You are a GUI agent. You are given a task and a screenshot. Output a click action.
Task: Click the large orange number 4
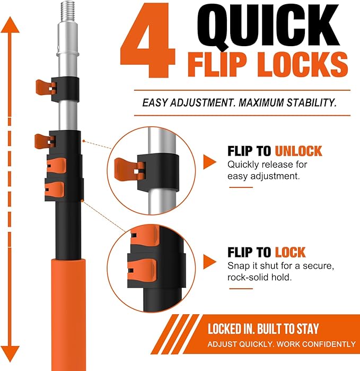(x=148, y=40)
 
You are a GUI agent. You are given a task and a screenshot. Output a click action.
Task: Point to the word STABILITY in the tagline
(x=312, y=102)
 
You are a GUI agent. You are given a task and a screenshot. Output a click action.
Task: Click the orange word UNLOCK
(x=298, y=151)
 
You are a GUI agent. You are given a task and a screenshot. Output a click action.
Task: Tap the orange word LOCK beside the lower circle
(x=290, y=252)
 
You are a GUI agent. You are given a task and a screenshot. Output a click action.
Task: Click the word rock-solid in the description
(x=248, y=277)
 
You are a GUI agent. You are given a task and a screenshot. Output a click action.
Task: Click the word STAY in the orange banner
(x=308, y=329)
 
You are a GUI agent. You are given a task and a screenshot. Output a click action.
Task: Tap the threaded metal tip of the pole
(x=68, y=11)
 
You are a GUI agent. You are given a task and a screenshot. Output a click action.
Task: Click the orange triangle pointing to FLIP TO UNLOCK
(x=209, y=162)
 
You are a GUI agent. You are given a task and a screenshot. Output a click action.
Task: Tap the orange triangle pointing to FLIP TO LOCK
(x=209, y=262)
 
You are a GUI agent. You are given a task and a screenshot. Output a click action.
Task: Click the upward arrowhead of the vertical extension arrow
(x=10, y=25)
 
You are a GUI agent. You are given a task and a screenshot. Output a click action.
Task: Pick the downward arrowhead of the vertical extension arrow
(x=10, y=353)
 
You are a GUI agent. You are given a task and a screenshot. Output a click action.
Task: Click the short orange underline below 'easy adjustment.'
(x=241, y=187)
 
